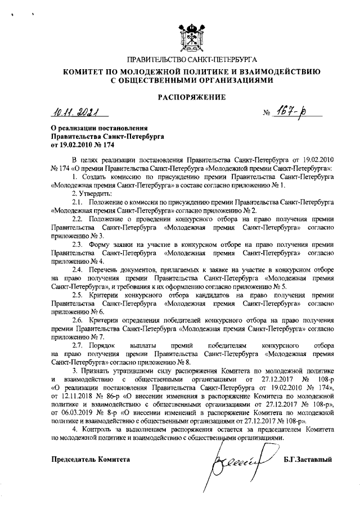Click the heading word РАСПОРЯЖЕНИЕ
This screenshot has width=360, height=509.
[191, 97]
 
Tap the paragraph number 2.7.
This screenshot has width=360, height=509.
[77, 344]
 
